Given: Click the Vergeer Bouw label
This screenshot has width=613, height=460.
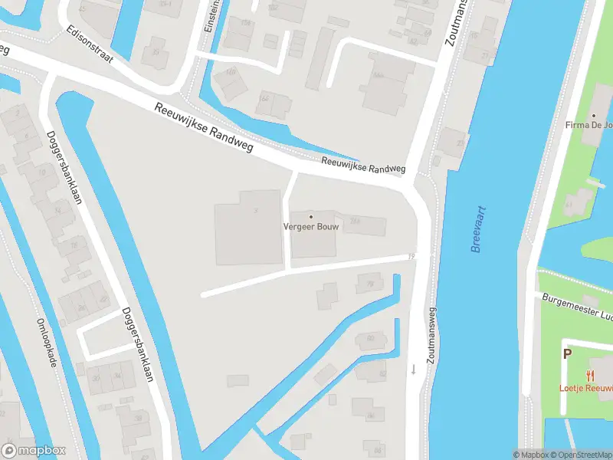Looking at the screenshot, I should tap(310, 227).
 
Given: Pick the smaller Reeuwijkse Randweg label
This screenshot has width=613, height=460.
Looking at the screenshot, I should tap(363, 166).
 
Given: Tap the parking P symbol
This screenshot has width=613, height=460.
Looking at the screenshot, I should tap(568, 353).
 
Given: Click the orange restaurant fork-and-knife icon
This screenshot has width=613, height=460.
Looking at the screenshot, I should tap(589, 375).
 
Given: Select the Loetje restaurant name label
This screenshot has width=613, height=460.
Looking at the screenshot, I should tap(585, 388).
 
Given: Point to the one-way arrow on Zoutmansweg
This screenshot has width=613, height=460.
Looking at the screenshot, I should tap(413, 369).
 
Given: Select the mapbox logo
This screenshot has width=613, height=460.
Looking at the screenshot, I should tap(34, 451).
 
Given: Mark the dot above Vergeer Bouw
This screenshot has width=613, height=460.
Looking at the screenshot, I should tap(311, 216).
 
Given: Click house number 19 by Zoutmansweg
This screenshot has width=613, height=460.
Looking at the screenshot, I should tap(412, 256).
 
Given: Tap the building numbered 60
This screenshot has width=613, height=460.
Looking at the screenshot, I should tap(371, 338).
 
